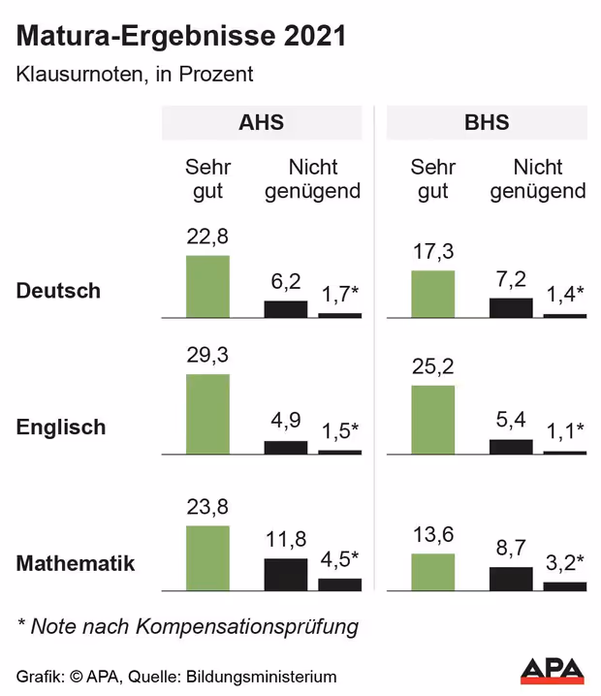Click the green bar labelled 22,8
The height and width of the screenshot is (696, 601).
point(207,286)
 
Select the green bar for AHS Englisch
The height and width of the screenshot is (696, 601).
point(207,414)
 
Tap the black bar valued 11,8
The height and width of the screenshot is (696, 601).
point(286,574)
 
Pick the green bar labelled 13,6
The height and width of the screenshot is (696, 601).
point(432,572)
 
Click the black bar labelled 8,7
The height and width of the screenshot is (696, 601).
point(511,579)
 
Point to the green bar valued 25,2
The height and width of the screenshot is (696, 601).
point(432,420)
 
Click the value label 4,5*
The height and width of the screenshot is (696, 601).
point(340,557)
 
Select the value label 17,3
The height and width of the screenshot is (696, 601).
point(432,251)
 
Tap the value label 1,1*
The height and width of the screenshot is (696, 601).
point(565,430)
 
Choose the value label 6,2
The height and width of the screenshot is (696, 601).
point(286,281)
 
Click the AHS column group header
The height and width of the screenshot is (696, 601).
point(261,123)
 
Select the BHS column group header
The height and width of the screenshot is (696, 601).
point(487,123)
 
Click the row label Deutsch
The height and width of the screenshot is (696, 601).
point(59,291)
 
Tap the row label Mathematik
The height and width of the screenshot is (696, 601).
point(76,563)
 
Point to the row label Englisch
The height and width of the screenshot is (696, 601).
point(61,427)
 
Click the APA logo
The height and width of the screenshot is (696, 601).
point(554,670)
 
